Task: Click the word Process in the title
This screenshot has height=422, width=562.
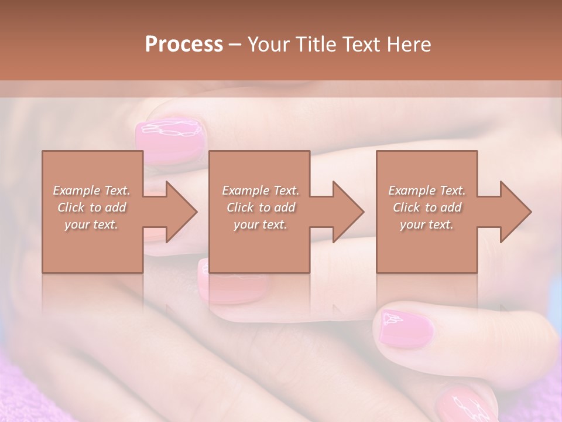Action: [184, 45]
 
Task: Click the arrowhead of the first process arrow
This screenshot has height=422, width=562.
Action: [180, 212]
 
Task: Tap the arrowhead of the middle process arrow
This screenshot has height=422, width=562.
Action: [348, 212]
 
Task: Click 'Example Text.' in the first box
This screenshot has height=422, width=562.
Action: [91, 190]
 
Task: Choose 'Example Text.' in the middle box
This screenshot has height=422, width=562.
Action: [261, 190]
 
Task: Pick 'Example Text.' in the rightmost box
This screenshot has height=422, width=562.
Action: [427, 190]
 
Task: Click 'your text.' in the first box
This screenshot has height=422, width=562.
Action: [91, 224]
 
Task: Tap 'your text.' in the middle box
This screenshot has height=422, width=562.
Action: [261, 224]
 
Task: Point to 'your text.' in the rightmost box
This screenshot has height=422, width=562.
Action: [427, 224]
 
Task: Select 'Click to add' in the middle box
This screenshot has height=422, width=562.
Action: [261, 207]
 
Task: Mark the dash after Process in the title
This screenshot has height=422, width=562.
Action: [235, 45]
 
